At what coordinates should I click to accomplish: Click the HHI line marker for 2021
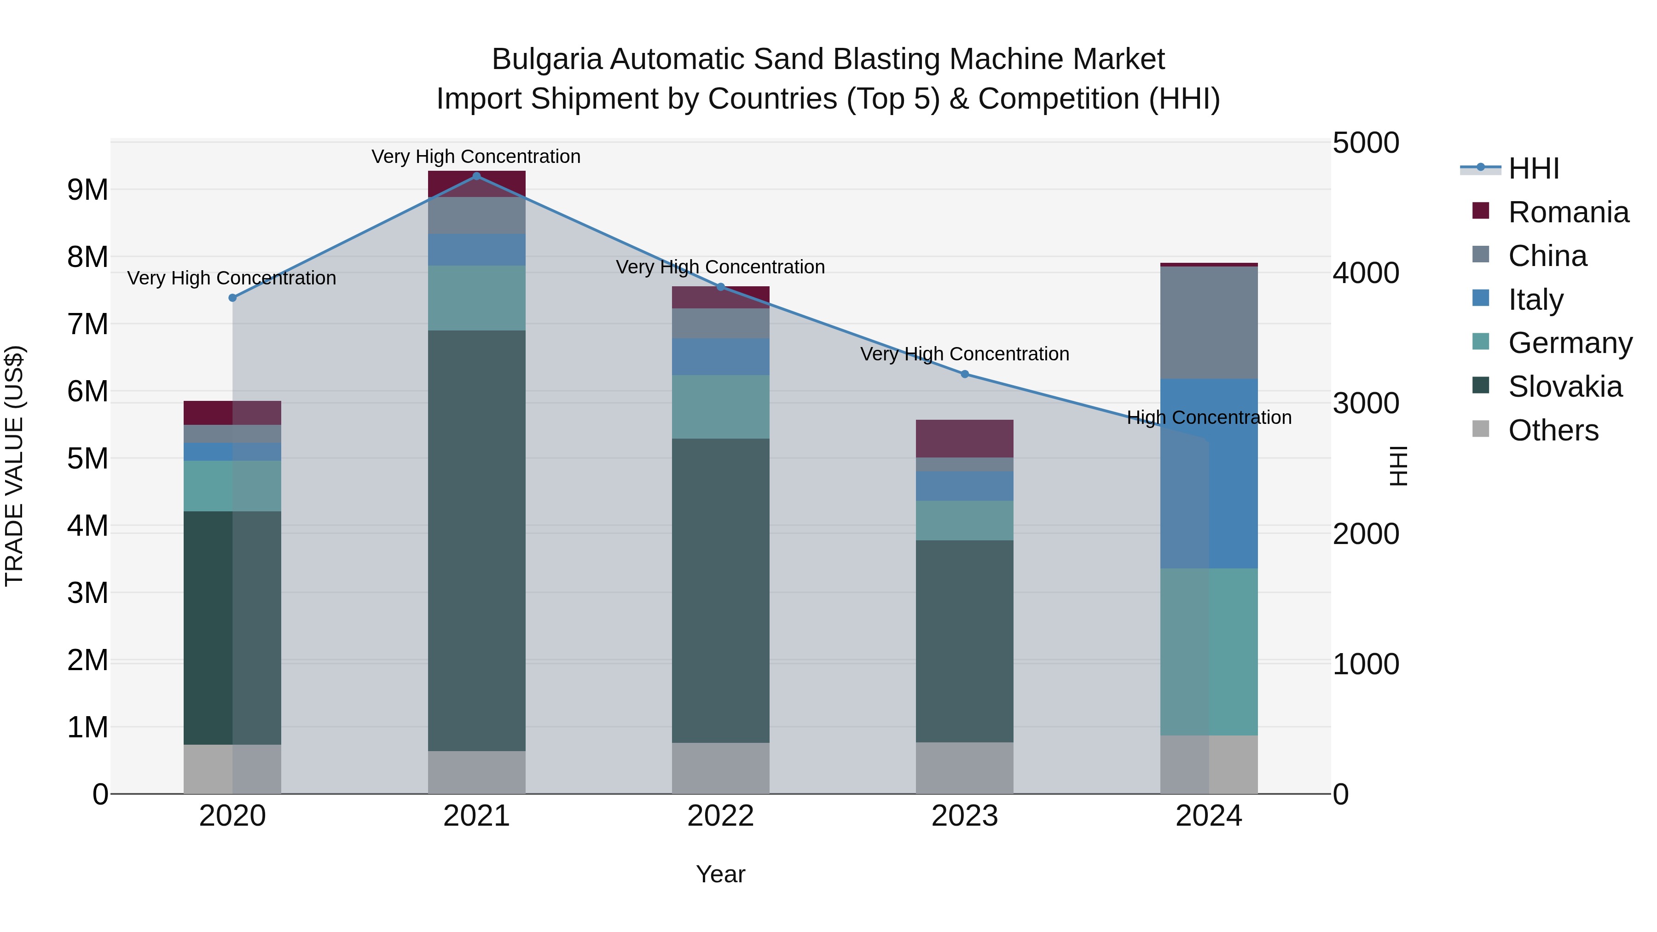coord(477,176)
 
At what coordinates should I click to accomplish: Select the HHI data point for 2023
coord(964,374)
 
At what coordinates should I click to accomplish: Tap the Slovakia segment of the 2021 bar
coord(477,540)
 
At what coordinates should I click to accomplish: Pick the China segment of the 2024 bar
coord(1209,322)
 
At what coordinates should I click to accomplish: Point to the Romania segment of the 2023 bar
coord(964,438)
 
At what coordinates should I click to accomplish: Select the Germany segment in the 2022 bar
coord(720,406)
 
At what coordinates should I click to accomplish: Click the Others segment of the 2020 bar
coord(232,769)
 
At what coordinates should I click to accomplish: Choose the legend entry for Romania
coord(1568,212)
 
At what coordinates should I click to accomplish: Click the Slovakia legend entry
coord(1564,387)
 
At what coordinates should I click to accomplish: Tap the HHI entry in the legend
coord(1534,168)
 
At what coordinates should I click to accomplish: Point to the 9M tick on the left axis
coord(87,190)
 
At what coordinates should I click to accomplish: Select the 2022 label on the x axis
coord(720,816)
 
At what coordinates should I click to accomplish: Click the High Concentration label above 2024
coord(1209,417)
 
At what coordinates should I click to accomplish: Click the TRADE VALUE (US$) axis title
coord(14,466)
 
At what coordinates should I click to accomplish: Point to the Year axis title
coord(720,874)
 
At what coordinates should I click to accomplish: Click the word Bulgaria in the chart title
coord(546,59)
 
